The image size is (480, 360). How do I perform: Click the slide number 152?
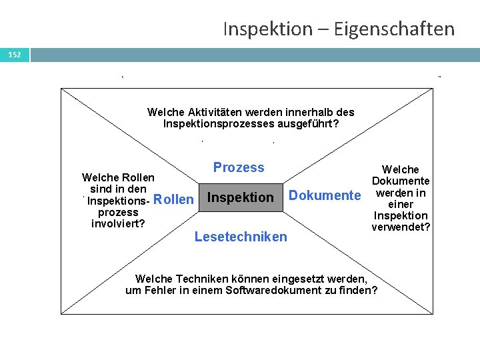click(15, 55)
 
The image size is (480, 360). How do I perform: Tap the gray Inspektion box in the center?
click(241, 197)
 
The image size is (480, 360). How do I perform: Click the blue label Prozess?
click(239, 168)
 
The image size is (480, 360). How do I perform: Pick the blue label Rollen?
click(173, 199)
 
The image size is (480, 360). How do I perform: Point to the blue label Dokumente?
click(324, 195)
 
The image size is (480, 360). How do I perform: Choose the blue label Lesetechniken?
click(241, 237)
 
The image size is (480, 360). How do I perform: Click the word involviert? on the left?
click(118, 223)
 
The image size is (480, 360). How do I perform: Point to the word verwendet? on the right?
click(401, 227)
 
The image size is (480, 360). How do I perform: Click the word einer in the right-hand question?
click(401, 204)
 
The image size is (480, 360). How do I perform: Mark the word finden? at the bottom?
click(361, 290)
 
